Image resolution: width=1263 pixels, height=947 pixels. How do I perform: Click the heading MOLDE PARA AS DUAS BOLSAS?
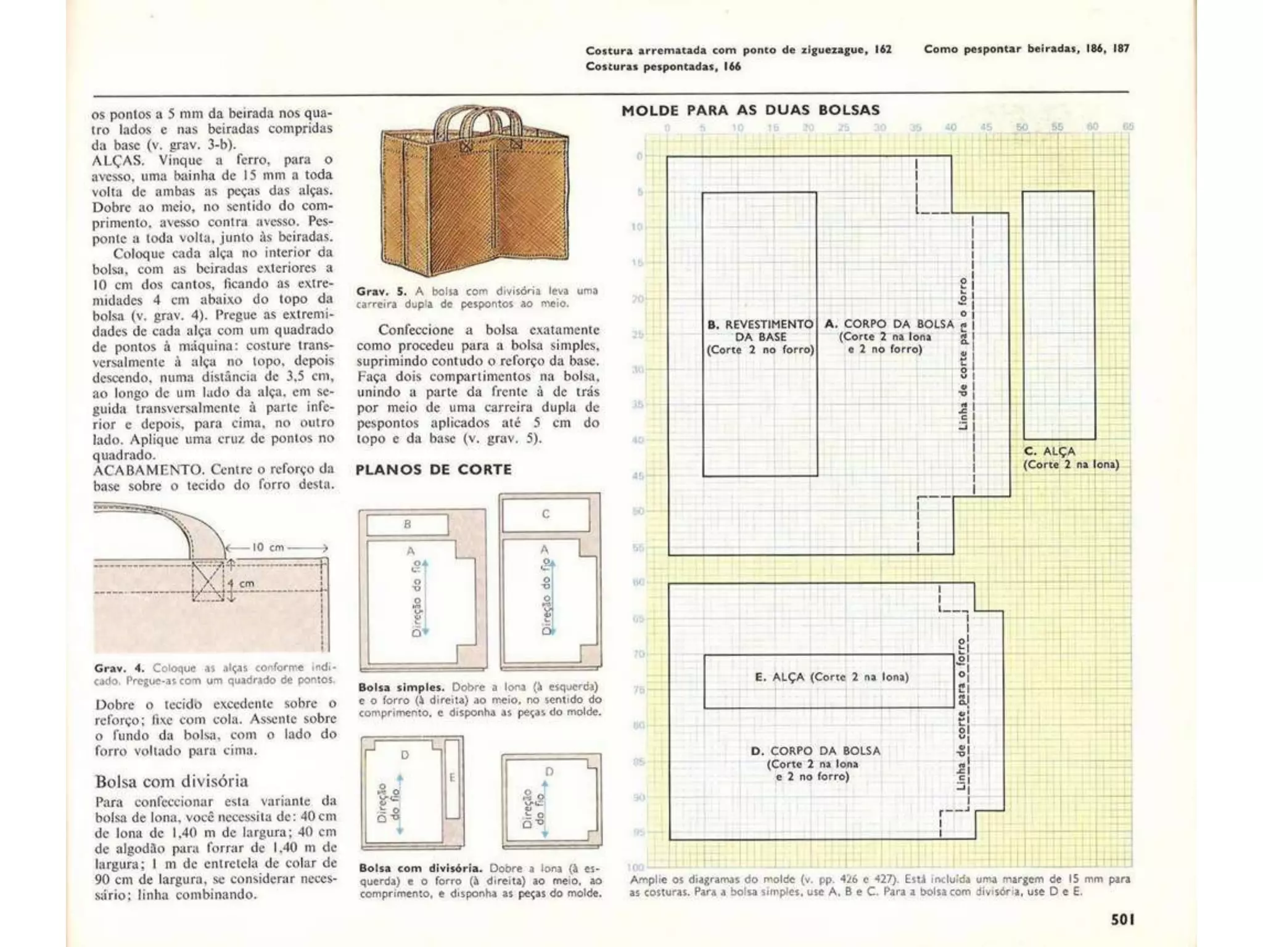coord(751,110)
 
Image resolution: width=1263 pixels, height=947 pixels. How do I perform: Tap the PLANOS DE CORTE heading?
coord(434,470)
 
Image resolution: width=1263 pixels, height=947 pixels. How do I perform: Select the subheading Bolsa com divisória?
coord(171,781)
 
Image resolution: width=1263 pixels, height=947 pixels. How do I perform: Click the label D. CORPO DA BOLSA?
coord(815,751)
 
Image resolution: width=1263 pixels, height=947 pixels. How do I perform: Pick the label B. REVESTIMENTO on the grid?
coord(760,324)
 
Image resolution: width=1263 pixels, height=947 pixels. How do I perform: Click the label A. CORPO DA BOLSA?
coord(889,324)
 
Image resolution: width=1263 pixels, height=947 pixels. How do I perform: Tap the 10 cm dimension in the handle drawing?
coord(268,547)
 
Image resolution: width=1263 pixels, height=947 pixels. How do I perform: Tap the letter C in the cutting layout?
coord(546,514)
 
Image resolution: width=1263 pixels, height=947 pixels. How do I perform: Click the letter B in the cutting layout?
coord(407,525)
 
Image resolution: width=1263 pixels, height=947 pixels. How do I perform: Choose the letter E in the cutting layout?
coord(451,778)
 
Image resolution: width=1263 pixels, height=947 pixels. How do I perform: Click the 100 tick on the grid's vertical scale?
coord(635,867)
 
